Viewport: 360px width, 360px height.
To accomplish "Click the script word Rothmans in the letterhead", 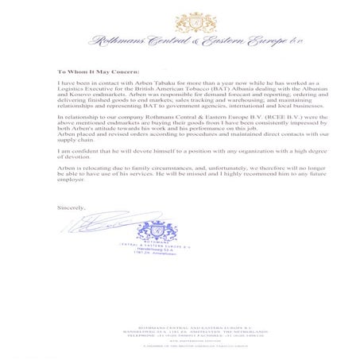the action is click(x=116, y=40).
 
